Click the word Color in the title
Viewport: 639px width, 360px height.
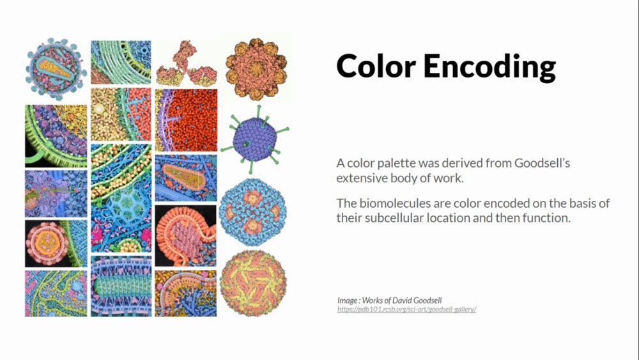[376, 66]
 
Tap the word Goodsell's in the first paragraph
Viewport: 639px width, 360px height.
[542, 163]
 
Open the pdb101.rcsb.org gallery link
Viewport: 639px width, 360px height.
[406, 309]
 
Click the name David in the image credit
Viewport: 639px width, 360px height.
[402, 301]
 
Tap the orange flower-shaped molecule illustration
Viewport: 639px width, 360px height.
[256, 69]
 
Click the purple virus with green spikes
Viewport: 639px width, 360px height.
[255, 139]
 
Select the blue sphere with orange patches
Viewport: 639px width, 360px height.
[252, 212]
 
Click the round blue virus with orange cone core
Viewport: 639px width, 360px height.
[56, 68]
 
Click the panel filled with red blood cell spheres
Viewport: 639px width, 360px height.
[186, 120]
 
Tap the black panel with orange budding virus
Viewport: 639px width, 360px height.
[185, 236]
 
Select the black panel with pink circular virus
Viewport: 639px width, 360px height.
[56, 244]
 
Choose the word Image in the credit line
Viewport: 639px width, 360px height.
[347, 301]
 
